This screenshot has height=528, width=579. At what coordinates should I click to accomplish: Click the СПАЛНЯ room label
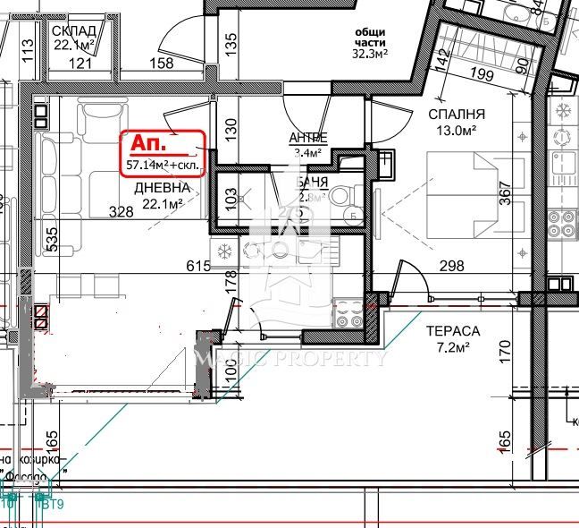456,115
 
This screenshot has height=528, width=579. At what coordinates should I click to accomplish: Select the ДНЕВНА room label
162,188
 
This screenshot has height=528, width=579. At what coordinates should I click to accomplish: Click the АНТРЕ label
307,138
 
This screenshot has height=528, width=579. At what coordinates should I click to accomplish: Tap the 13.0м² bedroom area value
456,131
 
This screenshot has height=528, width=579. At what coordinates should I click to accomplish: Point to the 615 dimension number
197,266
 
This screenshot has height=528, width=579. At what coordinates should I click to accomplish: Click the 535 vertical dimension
27,241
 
